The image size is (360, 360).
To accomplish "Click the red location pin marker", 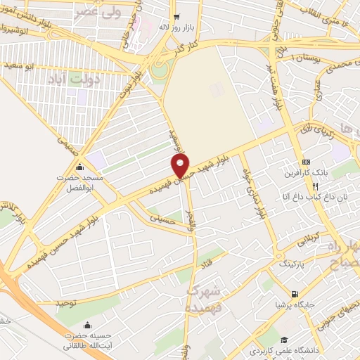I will (x=181, y=166).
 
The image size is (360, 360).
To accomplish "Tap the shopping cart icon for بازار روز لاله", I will (x=176, y=18).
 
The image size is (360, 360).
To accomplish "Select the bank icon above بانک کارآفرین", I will (x=305, y=161).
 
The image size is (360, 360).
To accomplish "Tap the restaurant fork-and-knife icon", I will (x=316, y=186).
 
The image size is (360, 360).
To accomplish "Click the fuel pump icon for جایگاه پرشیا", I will (x=294, y=295).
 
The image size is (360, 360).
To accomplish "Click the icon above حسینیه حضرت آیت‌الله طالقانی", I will (x=87, y=325).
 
